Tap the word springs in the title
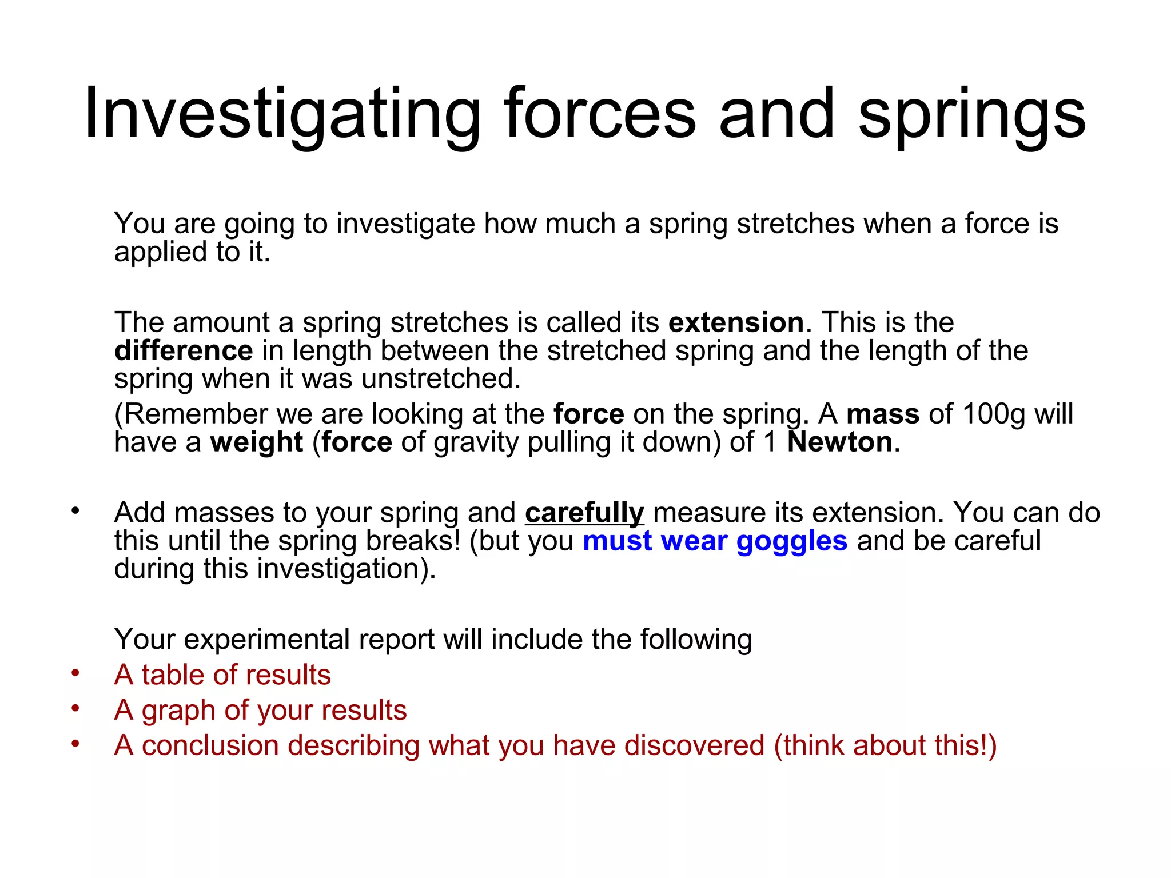(x=971, y=114)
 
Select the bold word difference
(x=184, y=350)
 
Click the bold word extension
(x=736, y=322)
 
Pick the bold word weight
(x=256, y=442)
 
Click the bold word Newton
(x=839, y=442)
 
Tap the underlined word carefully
(x=584, y=513)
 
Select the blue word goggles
(x=792, y=541)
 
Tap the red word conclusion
(x=209, y=746)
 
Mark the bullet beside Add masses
(x=75, y=510)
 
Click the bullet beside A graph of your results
(x=75, y=708)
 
